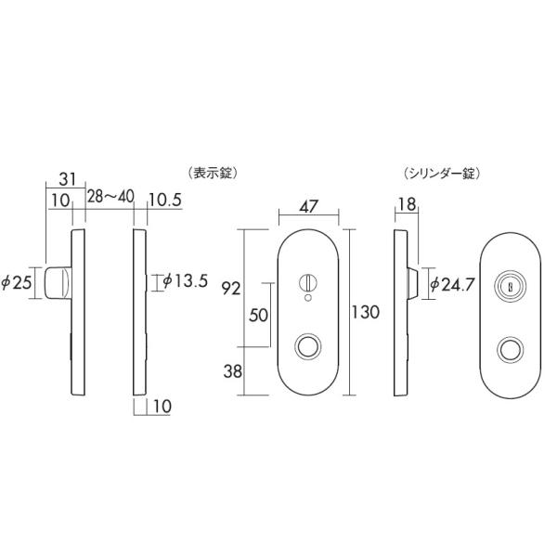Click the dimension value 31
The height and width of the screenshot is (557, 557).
[x=67, y=179]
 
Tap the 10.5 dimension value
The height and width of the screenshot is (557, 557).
[x=165, y=200]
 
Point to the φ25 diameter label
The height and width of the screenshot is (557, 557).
[x=17, y=283]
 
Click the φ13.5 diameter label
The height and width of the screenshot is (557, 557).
[x=185, y=281]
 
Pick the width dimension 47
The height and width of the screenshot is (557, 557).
[x=308, y=206]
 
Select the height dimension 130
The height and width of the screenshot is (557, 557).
[x=365, y=312]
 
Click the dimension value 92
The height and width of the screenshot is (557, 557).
[x=231, y=289]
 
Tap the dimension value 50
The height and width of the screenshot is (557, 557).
[x=258, y=315]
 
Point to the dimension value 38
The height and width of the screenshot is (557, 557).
[x=233, y=371]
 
